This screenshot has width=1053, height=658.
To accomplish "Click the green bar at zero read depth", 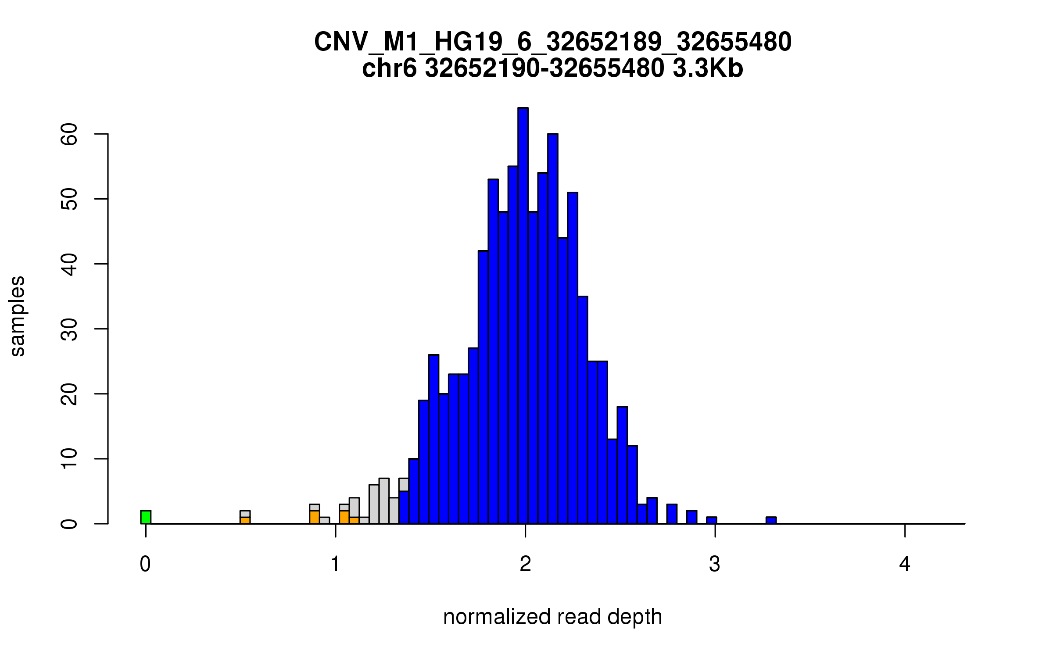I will pyautogui.click(x=146, y=517).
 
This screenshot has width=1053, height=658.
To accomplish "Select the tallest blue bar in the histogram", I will pyautogui.click(x=523, y=316).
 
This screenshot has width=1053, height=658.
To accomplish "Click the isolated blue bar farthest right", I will pyautogui.click(x=771, y=520).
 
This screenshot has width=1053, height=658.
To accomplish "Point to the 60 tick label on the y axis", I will pyautogui.click(x=70, y=134).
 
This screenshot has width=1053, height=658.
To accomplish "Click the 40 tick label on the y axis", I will pyautogui.click(x=70, y=264).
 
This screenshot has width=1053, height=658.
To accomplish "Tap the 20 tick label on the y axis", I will pyautogui.click(x=70, y=394).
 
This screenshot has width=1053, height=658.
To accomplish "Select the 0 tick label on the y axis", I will pyautogui.click(x=70, y=524).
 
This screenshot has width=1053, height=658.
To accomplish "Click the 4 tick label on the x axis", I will pyautogui.click(x=905, y=564).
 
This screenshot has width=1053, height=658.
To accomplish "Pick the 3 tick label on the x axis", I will pyautogui.click(x=715, y=564).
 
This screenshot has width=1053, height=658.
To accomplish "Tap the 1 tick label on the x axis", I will pyautogui.click(x=336, y=564).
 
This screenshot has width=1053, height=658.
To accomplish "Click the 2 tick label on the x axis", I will pyautogui.click(x=525, y=564).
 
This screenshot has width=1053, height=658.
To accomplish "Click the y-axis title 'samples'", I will pyautogui.click(x=18, y=316).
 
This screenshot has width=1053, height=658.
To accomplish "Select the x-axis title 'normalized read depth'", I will pyautogui.click(x=552, y=617).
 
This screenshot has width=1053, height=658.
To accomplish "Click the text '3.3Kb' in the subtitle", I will pyautogui.click(x=708, y=68).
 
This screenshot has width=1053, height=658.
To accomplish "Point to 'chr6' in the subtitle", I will pyautogui.click(x=389, y=68).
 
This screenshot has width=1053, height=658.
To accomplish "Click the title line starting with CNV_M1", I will pyautogui.click(x=552, y=42).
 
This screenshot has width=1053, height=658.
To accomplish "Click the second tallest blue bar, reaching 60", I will pyautogui.click(x=553, y=329).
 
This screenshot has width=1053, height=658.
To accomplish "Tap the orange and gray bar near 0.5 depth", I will pyautogui.click(x=245, y=517).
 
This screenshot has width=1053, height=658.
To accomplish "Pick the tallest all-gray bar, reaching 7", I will pyautogui.click(x=384, y=501).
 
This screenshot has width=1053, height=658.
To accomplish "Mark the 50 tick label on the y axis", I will pyautogui.click(x=70, y=199).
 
